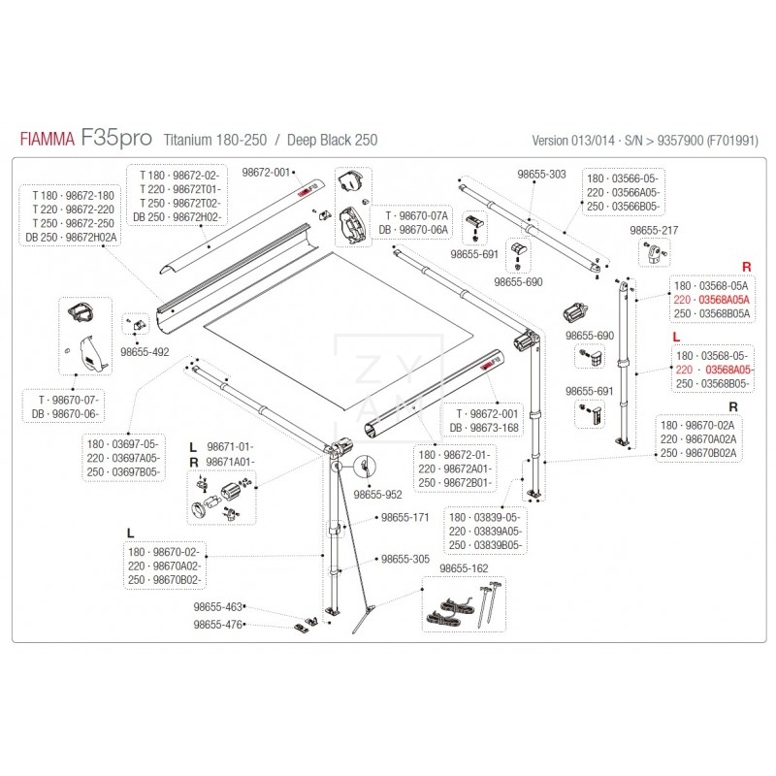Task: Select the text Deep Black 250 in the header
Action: coord(335,141)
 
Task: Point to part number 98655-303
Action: coord(541,174)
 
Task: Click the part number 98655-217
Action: coord(653,230)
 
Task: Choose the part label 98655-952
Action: coord(378,494)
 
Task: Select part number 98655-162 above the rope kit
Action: coord(462,568)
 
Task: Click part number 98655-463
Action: coord(218,606)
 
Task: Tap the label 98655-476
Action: coord(218,624)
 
